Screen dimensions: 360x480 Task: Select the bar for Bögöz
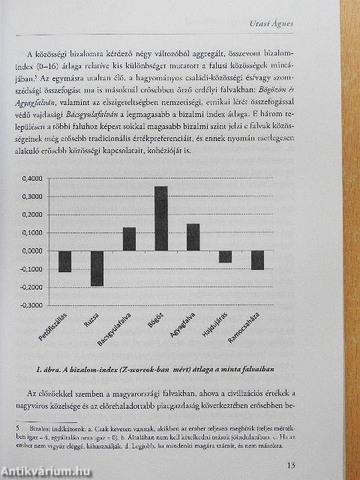click(160, 218)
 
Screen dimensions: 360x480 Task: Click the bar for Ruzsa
click(97, 268)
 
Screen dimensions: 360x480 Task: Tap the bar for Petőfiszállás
click(64, 261)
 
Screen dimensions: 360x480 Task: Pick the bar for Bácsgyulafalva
click(129, 238)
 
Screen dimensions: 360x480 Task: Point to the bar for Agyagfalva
click(193, 237)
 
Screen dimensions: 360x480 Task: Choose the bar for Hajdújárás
click(225, 256)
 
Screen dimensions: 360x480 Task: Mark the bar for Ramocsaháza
click(257, 259)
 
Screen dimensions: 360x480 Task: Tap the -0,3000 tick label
click(34, 305)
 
